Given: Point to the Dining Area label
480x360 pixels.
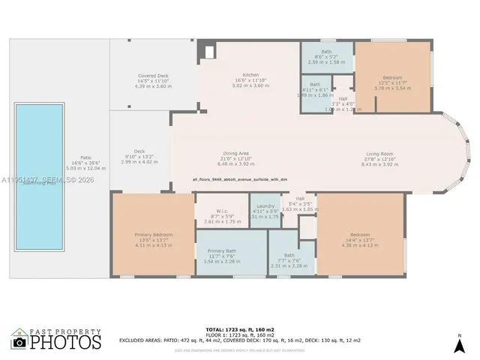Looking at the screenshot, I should (235, 158).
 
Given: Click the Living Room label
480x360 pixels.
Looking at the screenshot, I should (379, 158).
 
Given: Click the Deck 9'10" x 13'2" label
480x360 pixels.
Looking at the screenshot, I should (139, 156).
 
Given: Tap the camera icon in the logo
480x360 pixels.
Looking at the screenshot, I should (19, 341).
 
